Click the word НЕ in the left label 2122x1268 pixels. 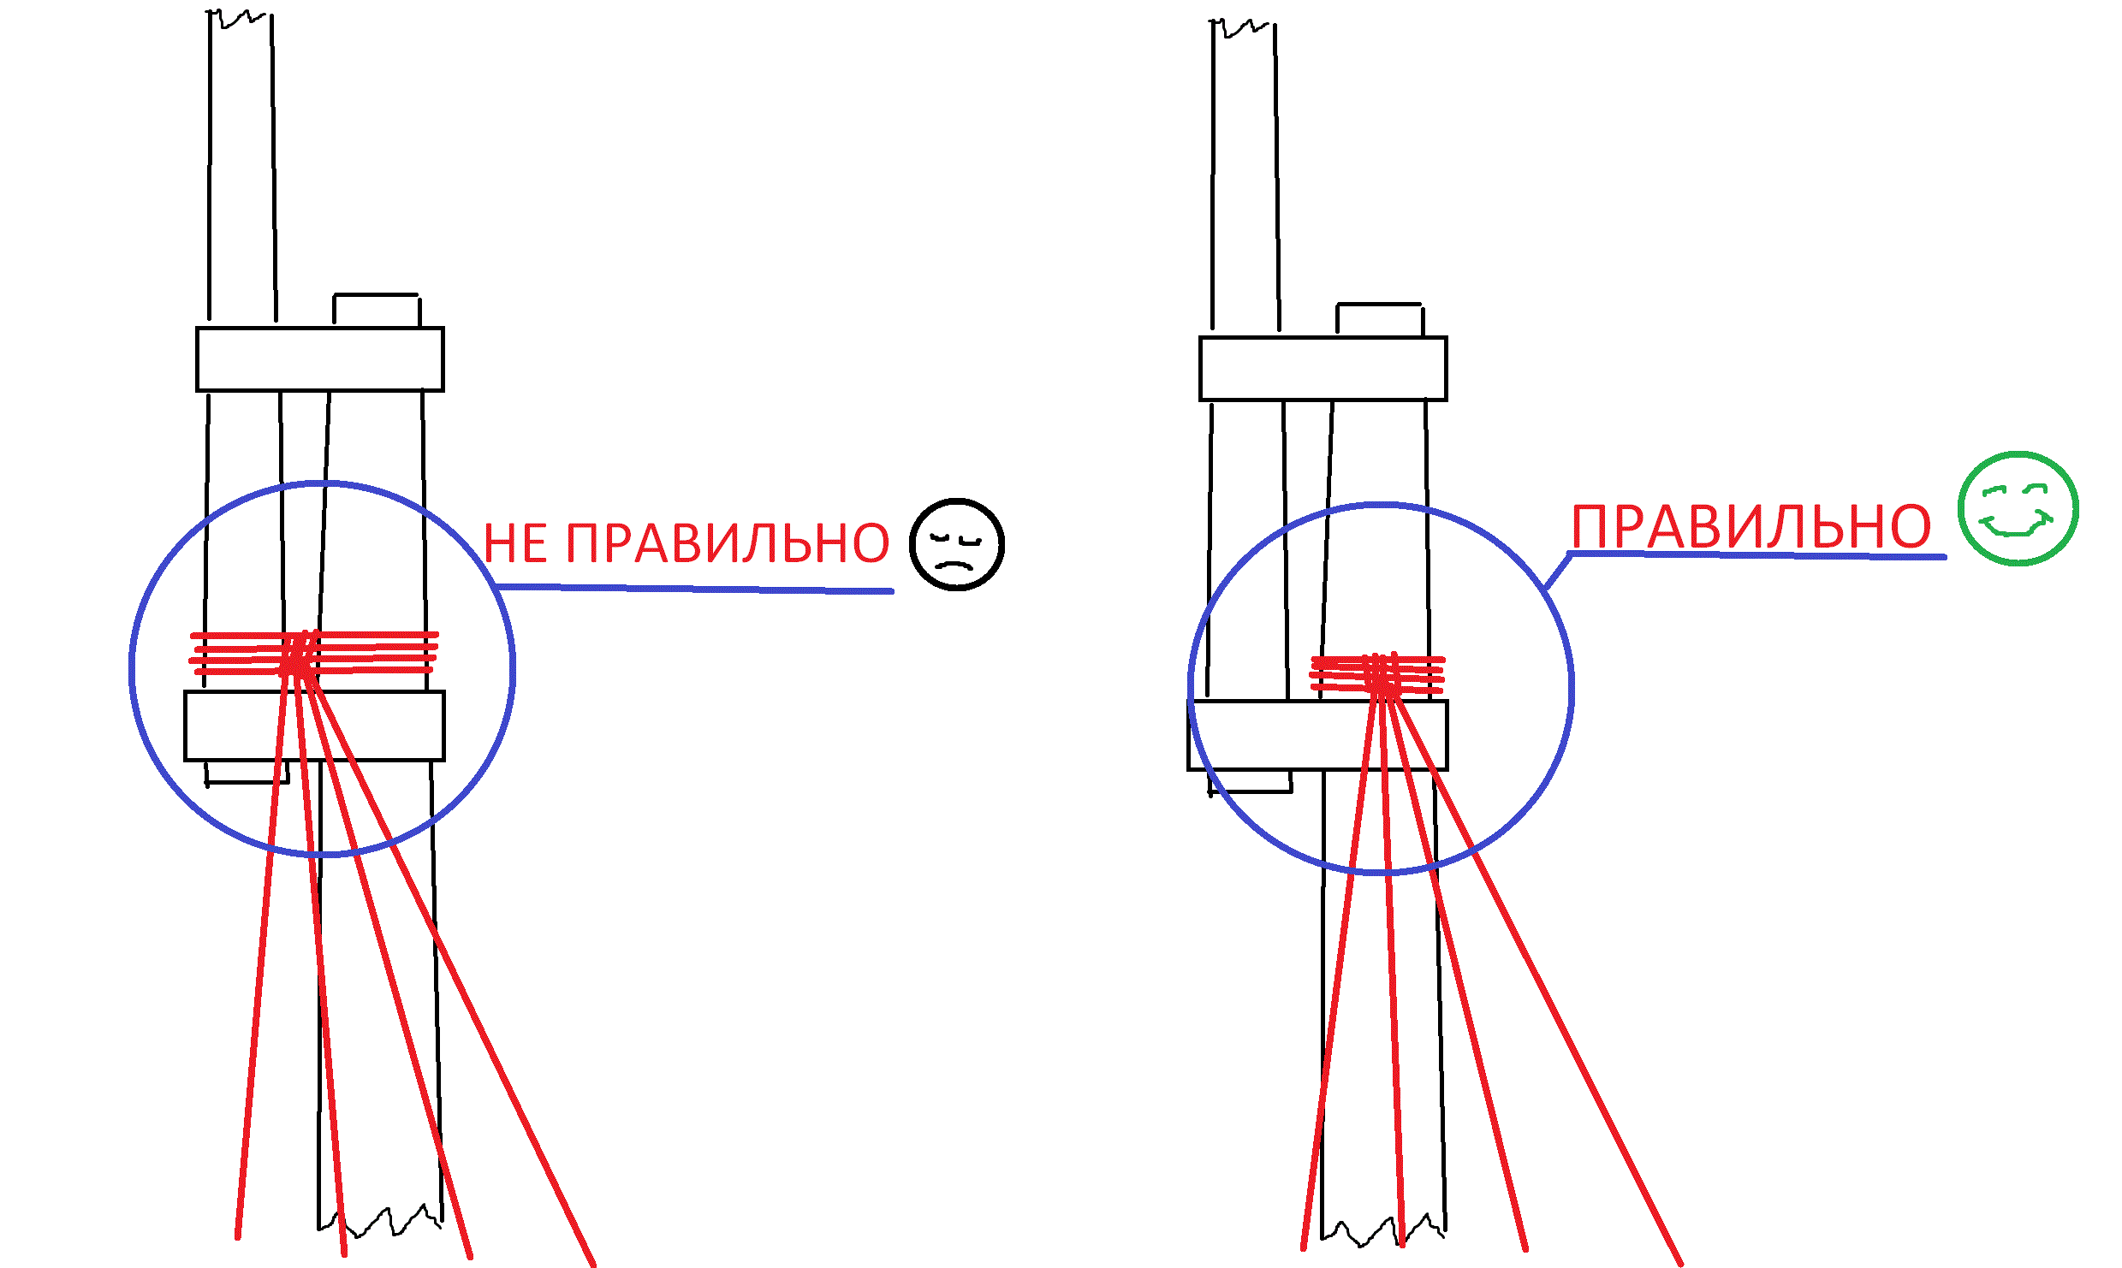point(515,543)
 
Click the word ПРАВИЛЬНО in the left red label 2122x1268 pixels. point(728,543)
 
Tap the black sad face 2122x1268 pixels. point(956,544)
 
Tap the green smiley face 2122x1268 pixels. point(2018,508)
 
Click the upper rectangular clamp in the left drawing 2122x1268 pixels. point(319,359)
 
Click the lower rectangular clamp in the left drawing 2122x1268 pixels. point(314,726)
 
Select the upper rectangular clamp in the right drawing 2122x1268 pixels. point(1323,369)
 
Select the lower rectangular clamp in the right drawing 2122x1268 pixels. point(1317,736)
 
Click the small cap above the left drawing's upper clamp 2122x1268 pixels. point(376,310)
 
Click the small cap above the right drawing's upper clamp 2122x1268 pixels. point(1380,319)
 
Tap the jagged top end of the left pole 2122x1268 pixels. point(241,17)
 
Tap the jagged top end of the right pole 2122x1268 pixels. point(1243,27)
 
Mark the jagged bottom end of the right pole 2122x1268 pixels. point(1382,1229)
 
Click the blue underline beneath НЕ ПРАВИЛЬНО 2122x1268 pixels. point(693,589)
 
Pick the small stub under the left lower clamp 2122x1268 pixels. point(247,772)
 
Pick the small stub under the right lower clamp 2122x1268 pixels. point(1250,781)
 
